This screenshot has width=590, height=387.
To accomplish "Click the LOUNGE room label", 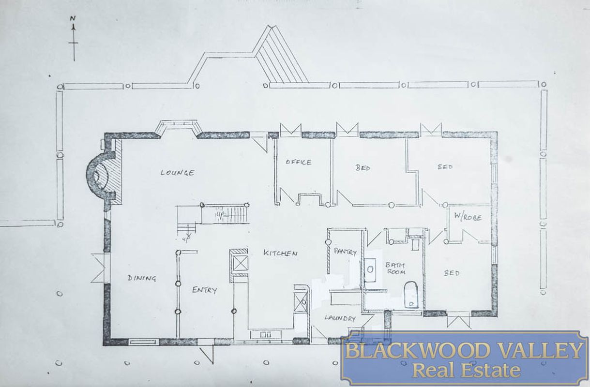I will click(178, 172).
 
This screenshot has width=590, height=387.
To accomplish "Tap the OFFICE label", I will click(299, 162).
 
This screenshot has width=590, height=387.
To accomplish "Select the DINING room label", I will click(142, 278).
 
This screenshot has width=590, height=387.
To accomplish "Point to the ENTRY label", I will click(205, 290).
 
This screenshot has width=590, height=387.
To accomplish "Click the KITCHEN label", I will click(280, 253).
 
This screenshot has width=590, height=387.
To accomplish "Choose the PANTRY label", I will click(345, 252).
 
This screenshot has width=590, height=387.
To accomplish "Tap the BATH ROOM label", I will click(395, 269).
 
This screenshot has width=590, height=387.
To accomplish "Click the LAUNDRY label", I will click(340, 318).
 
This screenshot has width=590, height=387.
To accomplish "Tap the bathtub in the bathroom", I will click(411, 295).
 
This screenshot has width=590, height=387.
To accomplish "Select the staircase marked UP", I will click(225, 213).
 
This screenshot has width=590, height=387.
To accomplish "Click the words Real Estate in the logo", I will click(466, 371).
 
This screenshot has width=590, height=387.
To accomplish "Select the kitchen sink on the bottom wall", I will click(265, 334).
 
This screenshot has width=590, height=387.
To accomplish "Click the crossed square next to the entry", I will click(240, 263).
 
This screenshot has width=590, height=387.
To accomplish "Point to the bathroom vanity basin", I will click(370, 269).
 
